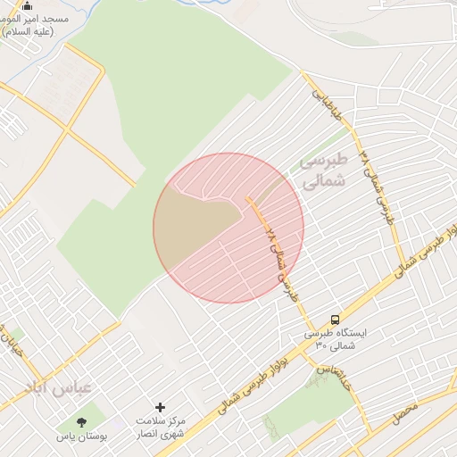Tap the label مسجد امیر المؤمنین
pyautogui.click(x=30, y=25)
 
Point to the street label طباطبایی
pyautogui.click(x=326, y=106)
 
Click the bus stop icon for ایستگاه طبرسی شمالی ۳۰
pyautogui.click(x=335, y=320)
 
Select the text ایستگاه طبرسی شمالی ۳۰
pyautogui.click(x=335, y=339)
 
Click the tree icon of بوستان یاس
pyautogui.click(x=82, y=420)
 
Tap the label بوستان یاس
pyautogui.click(x=82, y=436)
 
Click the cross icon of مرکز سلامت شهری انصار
pyautogui.click(x=161, y=407)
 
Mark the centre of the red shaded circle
pyautogui.click(x=228, y=228)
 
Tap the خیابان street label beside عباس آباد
pyautogui.click(x=13, y=345)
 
